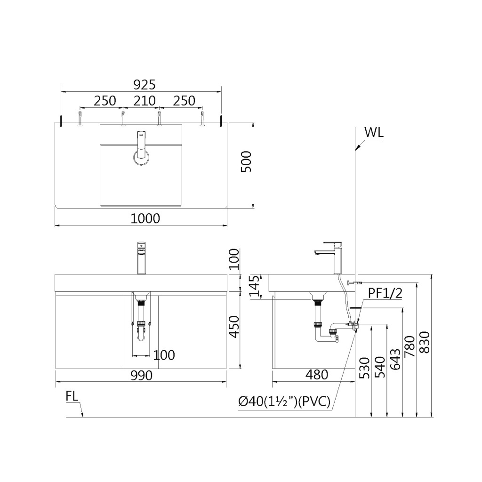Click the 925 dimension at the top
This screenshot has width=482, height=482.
click(x=144, y=85)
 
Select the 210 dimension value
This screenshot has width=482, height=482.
click(x=145, y=101)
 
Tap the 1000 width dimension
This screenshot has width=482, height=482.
click(x=145, y=218)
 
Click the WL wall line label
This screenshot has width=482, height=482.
click(x=374, y=132)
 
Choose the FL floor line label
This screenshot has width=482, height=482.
click(x=72, y=396)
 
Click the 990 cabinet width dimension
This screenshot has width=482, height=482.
click(x=141, y=376)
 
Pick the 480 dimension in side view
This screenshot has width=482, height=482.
click(x=316, y=375)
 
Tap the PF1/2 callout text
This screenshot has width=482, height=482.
click(x=385, y=294)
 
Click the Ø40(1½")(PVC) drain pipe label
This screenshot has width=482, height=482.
click(x=284, y=402)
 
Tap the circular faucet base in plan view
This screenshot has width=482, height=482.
click(x=141, y=158)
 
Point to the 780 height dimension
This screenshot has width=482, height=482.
click(x=410, y=346)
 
